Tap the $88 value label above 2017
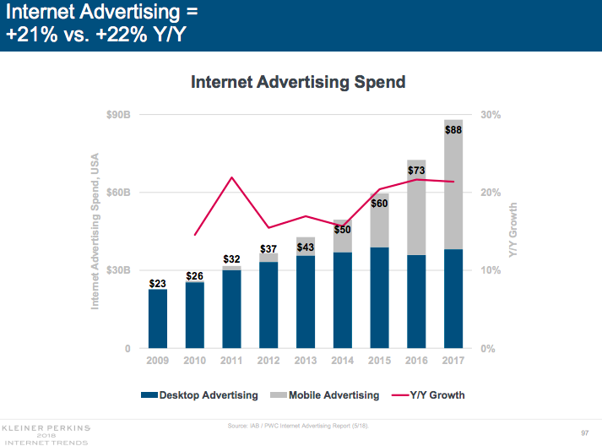453,129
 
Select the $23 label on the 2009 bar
157,284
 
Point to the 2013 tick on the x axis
305,362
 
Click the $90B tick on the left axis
117,115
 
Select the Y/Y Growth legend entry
429,394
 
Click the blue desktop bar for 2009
158,321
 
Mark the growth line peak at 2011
231,177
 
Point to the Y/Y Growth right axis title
513,231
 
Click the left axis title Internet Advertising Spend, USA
95,231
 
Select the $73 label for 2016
416,171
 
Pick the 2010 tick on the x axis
194,362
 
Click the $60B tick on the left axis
117,193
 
